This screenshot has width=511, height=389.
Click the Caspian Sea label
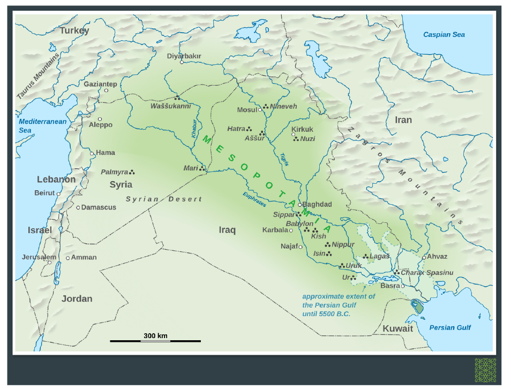[444, 35]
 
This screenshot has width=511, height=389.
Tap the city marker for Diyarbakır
[182, 62]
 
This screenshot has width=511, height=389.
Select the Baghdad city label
[317, 204]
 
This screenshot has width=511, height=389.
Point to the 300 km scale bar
[155, 340]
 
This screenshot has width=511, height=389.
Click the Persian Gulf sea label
[450, 327]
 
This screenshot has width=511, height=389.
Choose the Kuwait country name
[397, 328]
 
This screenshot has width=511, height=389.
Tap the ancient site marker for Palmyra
[132, 173]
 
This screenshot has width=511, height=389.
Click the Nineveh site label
[283, 106]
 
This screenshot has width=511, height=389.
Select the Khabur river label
[194, 129]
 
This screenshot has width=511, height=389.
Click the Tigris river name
[284, 159]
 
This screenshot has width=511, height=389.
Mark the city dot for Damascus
[78, 207]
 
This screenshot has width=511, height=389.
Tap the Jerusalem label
[35, 257]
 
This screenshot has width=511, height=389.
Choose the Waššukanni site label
[170, 106]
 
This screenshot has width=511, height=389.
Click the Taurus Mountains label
[37, 77]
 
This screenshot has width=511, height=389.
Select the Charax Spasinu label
[427, 272]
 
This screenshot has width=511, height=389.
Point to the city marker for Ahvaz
[424, 257]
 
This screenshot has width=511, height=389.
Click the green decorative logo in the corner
[485, 370]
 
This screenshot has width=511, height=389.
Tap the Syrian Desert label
[164, 199]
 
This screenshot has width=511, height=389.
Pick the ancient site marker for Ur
[354, 278]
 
